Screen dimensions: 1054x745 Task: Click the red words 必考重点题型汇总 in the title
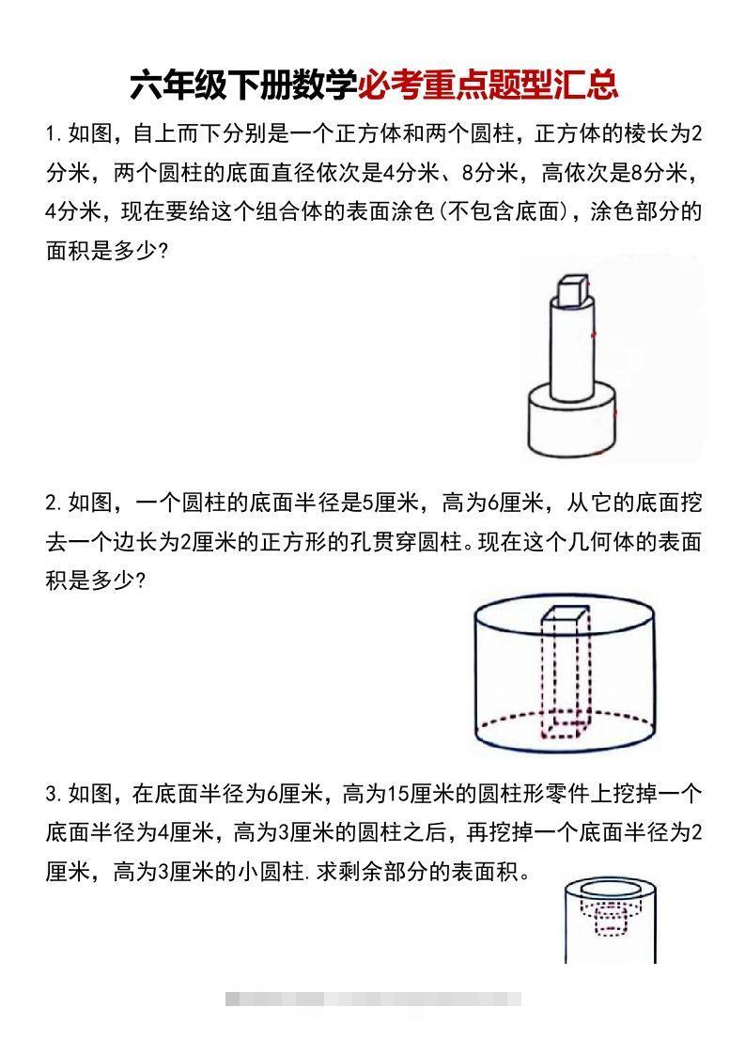[489, 85]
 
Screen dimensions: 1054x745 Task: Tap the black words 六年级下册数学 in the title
[243, 85]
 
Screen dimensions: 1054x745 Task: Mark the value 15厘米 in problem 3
[416, 794]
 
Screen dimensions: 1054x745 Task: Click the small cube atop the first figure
[571, 290]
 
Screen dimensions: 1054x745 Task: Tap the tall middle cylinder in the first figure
[571, 348]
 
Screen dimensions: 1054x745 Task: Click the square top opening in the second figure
[564, 615]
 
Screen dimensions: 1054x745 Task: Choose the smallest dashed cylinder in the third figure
[611, 925]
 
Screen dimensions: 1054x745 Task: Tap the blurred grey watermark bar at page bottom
[373, 999]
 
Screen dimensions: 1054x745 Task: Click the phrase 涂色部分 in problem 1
[645, 211]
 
